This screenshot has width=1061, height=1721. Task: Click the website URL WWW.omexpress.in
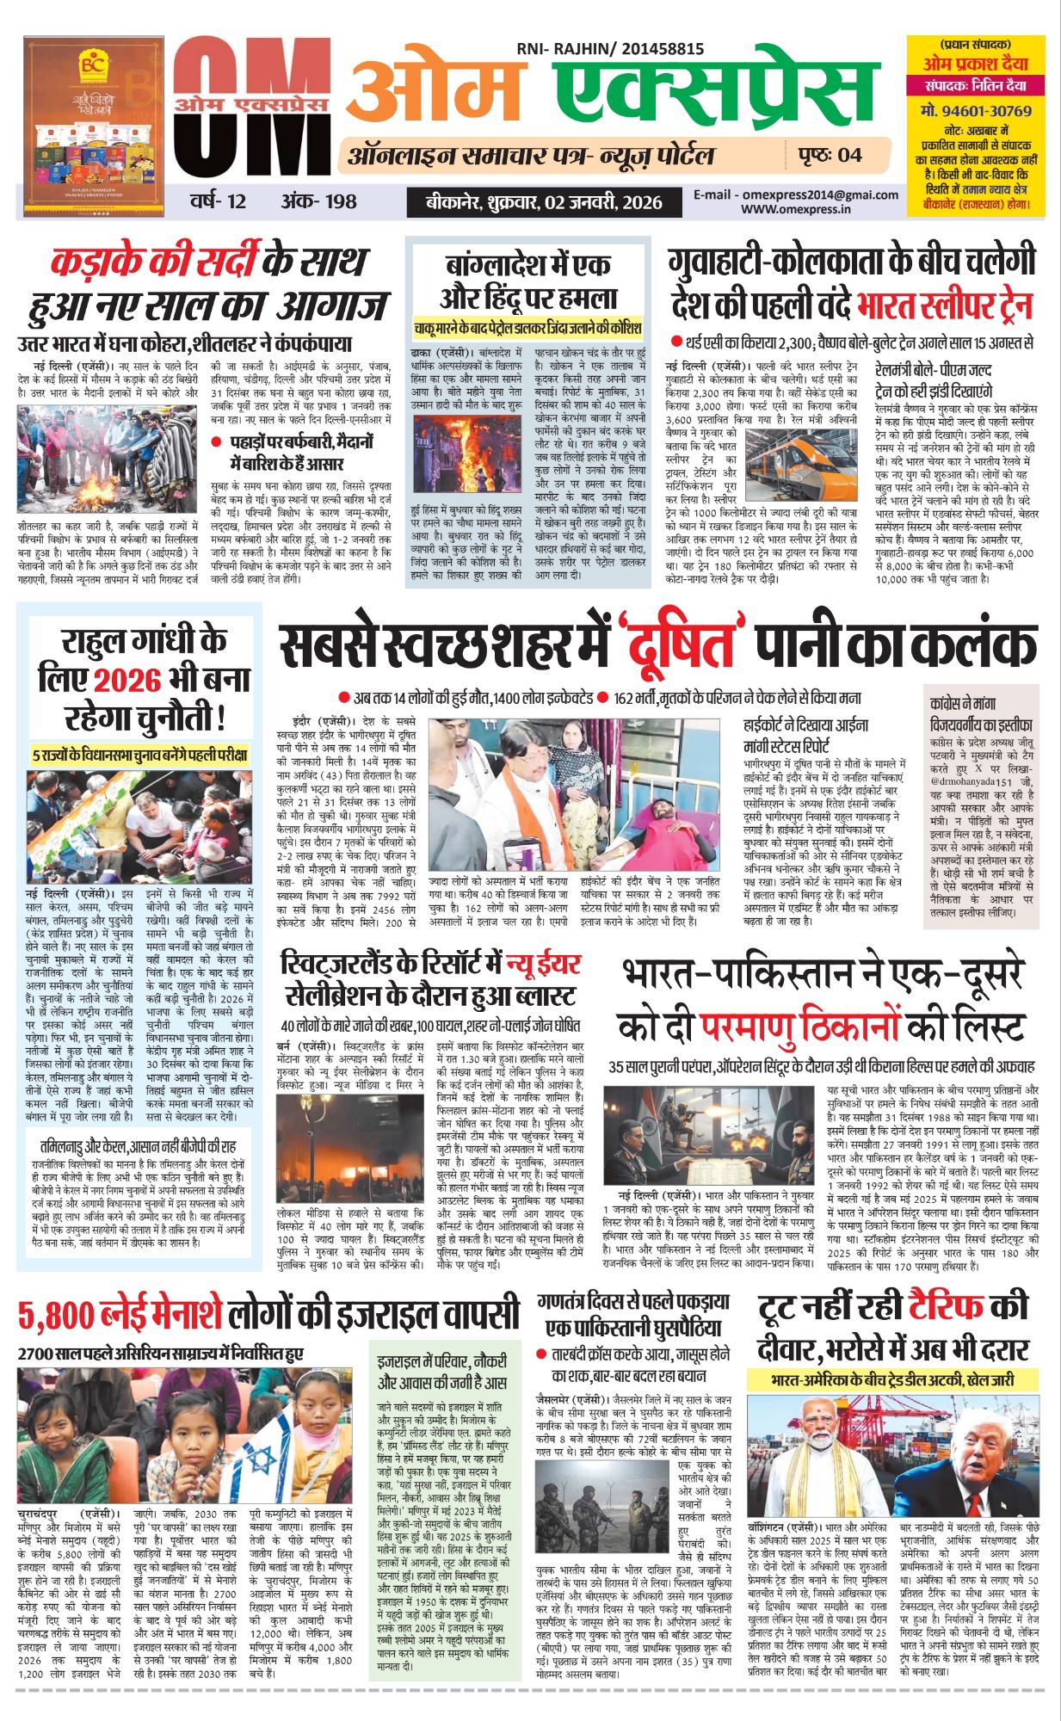click(796, 208)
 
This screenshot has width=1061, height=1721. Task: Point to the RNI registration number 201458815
click(647, 50)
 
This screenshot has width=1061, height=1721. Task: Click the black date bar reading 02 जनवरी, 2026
click(544, 202)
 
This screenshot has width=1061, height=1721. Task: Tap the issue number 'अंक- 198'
click(318, 201)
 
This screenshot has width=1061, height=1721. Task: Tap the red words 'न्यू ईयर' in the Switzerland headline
click(542, 964)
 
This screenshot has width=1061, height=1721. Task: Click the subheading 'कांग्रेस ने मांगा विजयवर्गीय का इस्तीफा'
click(981, 714)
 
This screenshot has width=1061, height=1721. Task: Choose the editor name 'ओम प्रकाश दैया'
click(975, 64)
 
